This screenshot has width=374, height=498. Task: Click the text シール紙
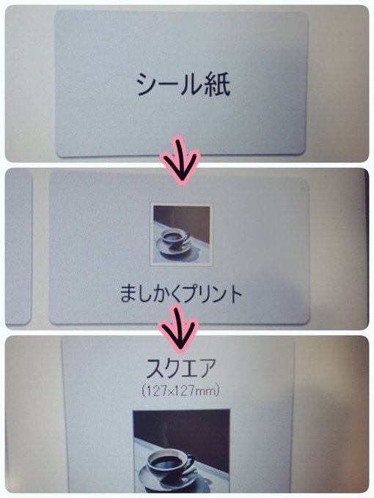point(183,84)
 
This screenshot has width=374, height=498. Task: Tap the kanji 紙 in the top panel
point(217,84)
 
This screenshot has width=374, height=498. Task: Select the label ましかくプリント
point(181,294)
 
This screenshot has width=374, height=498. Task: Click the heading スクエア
point(181,368)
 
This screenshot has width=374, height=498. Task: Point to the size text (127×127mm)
point(180,390)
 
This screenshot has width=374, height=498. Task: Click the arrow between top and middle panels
point(180,160)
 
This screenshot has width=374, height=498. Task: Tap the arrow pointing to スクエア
point(179,328)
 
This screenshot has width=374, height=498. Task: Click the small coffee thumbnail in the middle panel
point(182,234)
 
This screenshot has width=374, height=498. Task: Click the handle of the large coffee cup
point(189,462)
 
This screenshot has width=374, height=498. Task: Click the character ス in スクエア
point(156,368)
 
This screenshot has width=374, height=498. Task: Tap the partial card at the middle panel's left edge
point(18,248)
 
